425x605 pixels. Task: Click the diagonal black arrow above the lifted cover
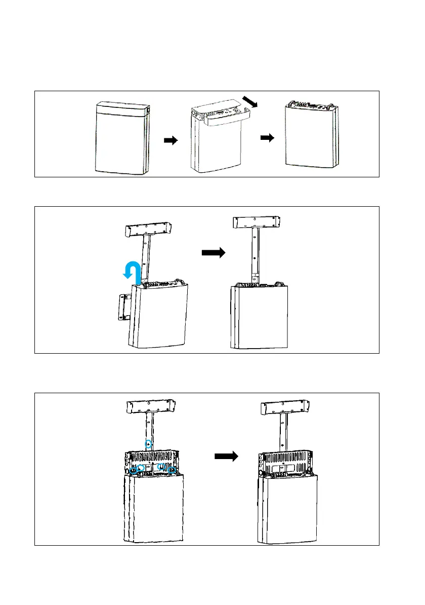(x=250, y=101)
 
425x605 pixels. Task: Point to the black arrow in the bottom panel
(x=226, y=457)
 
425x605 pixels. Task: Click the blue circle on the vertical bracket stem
(x=148, y=444)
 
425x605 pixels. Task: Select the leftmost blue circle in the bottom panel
(x=134, y=470)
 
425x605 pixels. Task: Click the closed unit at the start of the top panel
(x=123, y=138)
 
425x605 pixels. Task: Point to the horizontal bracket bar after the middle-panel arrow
(x=257, y=222)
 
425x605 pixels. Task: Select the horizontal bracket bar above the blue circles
(x=150, y=408)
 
